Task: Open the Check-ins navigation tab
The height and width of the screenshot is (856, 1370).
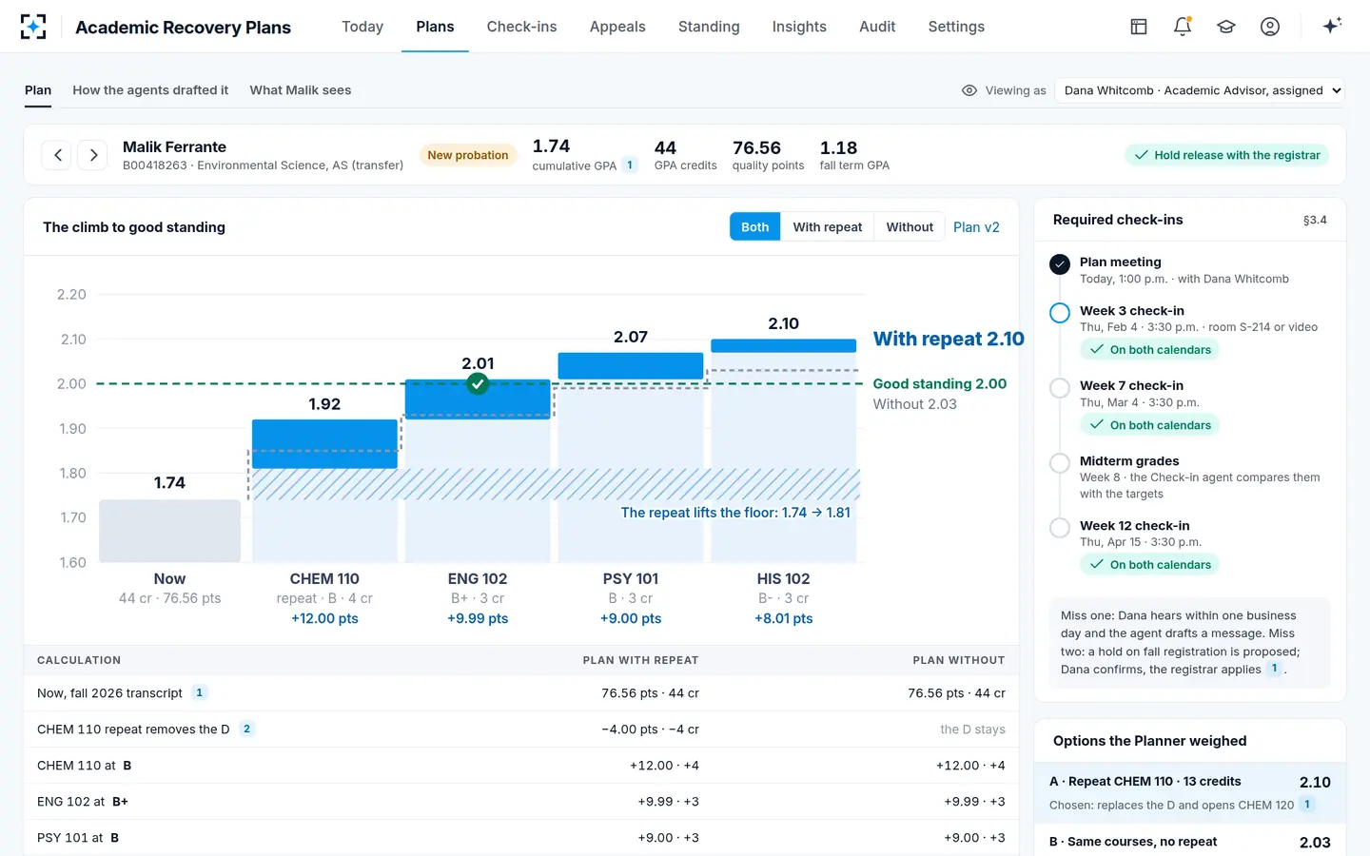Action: pyautogui.click(x=521, y=27)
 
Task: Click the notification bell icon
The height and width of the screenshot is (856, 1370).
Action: pyautogui.click(x=1183, y=27)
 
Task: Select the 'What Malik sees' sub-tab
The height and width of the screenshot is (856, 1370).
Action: pyautogui.click(x=301, y=89)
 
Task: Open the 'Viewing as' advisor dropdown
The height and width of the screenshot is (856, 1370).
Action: pyautogui.click(x=1200, y=90)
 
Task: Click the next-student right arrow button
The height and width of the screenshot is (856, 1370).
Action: pyautogui.click(x=93, y=155)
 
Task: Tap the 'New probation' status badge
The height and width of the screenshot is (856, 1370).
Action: pyautogui.click(x=468, y=155)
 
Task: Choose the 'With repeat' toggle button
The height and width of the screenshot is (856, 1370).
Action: pyautogui.click(x=828, y=226)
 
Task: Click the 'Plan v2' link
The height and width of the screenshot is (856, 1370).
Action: pyautogui.click(x=976, y=226)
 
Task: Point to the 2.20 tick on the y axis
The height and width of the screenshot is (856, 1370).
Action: pyautogui.click(x=71, y=294)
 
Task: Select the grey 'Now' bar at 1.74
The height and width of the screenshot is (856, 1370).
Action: pyautogui.click(x=169, y=531)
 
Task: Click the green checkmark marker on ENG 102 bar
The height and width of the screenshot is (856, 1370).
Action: pyautogui.click(x=477, y=384)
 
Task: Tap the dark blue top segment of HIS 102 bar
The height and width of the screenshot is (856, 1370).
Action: pyautogui.click(x=783, y=345)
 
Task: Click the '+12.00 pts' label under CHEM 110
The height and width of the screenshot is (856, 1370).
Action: pyautogui.click(x=324, y=618)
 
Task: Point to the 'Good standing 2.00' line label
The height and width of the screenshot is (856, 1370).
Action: pyautogui.click(x=939, y=383)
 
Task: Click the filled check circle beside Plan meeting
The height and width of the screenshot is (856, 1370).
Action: pyautogui.click(x=1060, y=264)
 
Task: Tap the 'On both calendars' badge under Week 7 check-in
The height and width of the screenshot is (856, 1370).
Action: pyautogui.click(x=1150, y=425)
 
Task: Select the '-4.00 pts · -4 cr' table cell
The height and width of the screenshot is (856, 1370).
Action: pyautogui.click(x=650, y=729)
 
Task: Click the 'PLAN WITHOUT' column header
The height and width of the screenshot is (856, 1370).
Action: pyautogui.click(x=958, y=660)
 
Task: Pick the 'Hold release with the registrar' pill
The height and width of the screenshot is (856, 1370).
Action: pyautogui.click(x=1227, y=155)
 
